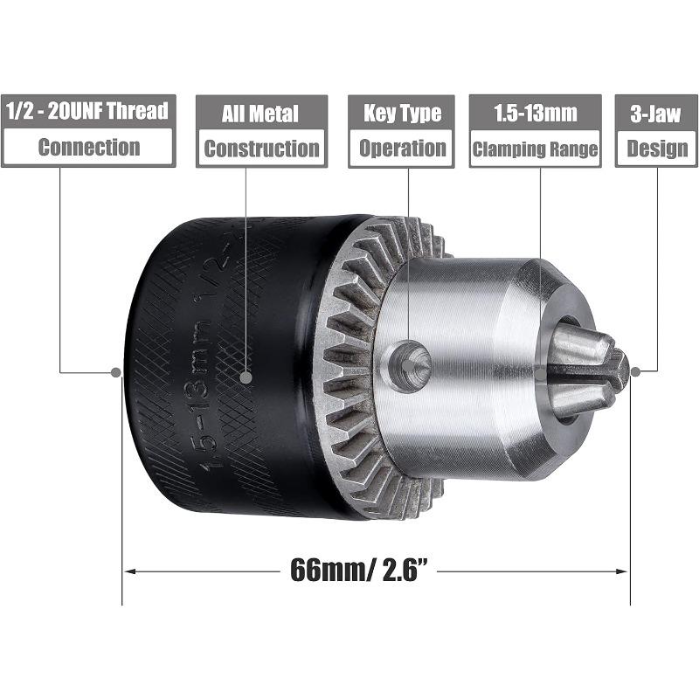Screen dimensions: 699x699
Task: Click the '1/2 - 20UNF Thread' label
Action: pos(87,112)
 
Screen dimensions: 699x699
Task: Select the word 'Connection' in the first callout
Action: pos(88,147)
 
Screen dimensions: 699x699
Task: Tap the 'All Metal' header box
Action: pos(260,113)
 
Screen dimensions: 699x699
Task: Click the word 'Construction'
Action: pos(261,148)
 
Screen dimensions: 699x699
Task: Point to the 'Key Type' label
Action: pos(402,113)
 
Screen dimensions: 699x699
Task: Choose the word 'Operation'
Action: pos(402,148)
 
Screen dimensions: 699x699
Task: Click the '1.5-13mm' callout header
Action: pos(534,113)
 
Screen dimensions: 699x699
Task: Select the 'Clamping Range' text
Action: pos(534,148)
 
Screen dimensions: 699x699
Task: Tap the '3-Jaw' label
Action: pos(657,113)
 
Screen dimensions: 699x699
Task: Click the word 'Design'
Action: pos(657,148)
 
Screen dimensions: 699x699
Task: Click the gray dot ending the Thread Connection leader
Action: pos(115,371)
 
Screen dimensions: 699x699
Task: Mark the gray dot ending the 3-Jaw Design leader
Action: pos(635,370)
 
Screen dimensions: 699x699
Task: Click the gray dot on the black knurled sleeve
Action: pos(246,378)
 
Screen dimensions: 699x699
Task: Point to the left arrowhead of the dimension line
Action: pos(129,572)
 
